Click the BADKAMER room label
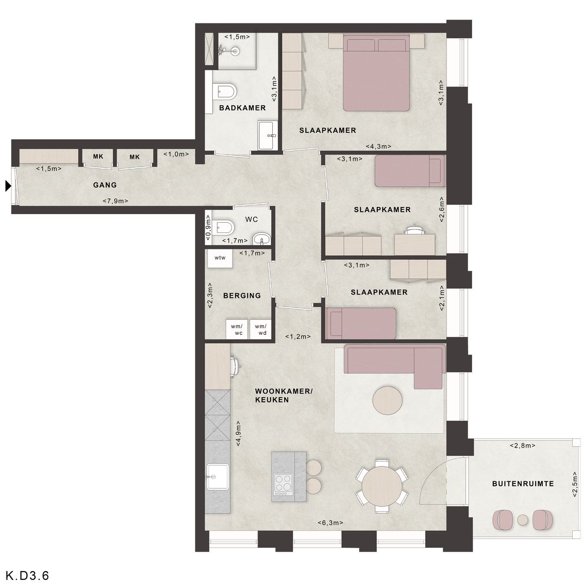(242, 108)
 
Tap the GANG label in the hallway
(105, 185)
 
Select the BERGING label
(242, 296)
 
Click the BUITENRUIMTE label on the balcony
(523, 484)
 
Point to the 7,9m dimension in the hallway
(115, 201)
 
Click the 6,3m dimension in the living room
(330, 523)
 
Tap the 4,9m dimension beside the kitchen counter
(238, 433)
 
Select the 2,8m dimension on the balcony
(522, 445)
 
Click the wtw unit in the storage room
(220, 258)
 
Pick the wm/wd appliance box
(261, 329)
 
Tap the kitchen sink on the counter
(217, 477)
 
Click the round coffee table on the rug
(388, 400)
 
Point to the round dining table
(382, 486)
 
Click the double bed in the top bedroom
(376, 73)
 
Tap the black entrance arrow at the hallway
(8, 186)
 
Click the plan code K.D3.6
(27, 575)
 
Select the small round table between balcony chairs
(523, 520)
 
